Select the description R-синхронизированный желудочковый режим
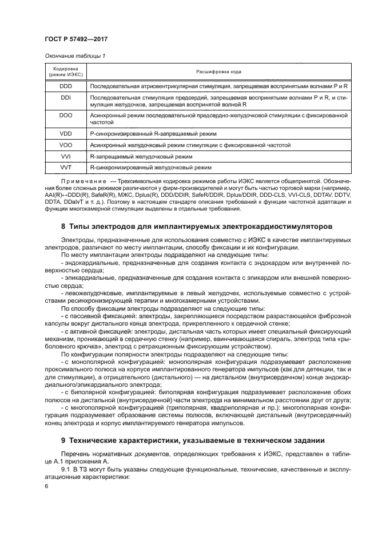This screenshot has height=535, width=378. click(x=151, y=168)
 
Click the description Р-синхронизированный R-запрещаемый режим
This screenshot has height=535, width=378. click(x=153, y=134)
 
